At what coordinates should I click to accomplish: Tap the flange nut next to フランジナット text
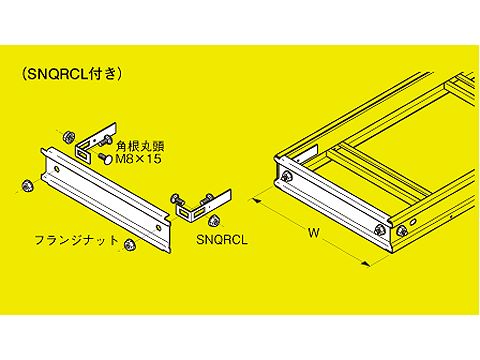point(130,247)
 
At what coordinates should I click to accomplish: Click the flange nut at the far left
point(22,185)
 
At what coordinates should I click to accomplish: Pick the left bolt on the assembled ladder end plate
point(286,178)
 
